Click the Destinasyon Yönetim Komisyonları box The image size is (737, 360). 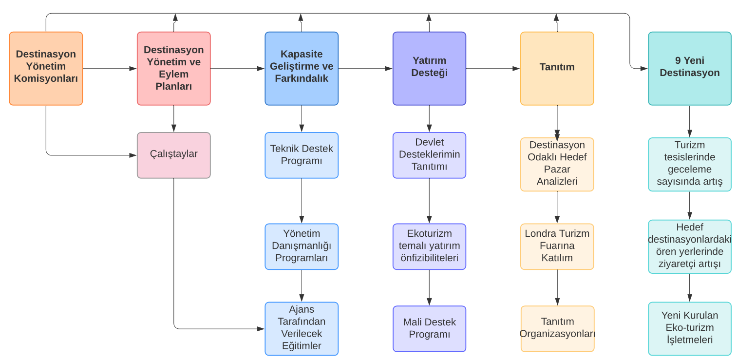pyautogui.click(x=46, y=69)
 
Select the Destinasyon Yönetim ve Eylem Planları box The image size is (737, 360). pyautogui.click(x=174, y=69)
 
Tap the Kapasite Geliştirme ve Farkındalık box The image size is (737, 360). pyautogui.click(x=302, y=69)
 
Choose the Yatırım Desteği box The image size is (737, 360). pyautogui.click(x=429, y=69)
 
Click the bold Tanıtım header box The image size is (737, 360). pyautogui.click(x=557, y=69)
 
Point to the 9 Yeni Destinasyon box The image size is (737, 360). pyautogui.click(x=690, y=69)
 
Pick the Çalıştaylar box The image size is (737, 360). pyautogui.click(x=174, y=155)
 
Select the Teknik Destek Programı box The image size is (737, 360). pyautogui.click(x=302, y=155)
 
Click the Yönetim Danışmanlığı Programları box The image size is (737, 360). pyautogui.click(x=302, y=246)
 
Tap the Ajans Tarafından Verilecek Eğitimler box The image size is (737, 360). pyautogui.click(x=302, y=329)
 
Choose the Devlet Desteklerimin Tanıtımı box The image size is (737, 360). pyautogui.click(x=429, y=155)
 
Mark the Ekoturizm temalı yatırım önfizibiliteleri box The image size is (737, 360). pyautogui.click(x=429, y=246)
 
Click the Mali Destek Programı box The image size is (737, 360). pyautogui.click(x=429, y=329)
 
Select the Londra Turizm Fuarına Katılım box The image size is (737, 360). pyautogui.click(x=557, y=246)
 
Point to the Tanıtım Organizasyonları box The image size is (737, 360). pyautogui.click(x=557, y=329)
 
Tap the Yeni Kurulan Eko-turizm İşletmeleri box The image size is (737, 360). pyautogui.click(x=690, y=329)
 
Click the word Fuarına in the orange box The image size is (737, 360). pyautogui.click(x=557, y=246)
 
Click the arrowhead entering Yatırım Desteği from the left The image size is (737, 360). pyautogui.click(x=389, y=69)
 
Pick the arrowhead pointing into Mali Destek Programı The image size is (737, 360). pyautogui.click(x=429, y=302)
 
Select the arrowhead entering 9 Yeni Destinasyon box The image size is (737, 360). pyautogui.click(x=644, y=69)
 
